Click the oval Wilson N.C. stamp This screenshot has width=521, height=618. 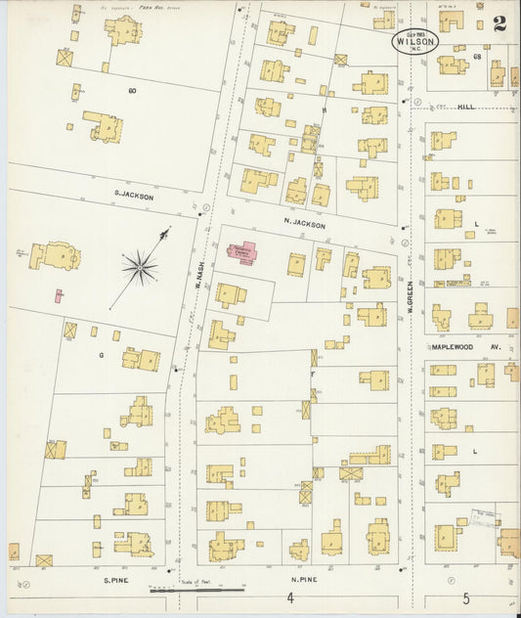pyautogui.click(x=416, y=41)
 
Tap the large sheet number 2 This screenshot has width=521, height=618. pyautogui.click(x=499, y=25)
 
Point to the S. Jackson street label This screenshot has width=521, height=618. pyautogui.click(x=134, y=196)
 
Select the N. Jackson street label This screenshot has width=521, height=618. pyautogui.click(x=304, y=224)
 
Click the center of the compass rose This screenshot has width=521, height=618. pyautogui.click(x=140, y=264)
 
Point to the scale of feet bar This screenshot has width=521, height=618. pyautogui.click(x=195, y=590)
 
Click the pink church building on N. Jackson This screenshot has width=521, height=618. pyautogui.click(x=243, y=252)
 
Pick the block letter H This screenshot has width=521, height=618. pyautogui.click(x=323, y=110)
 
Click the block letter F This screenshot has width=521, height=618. pyautogui.click(x=313, y=374)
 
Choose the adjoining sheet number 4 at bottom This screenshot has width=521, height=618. pyautogui.click(x=290, y=598)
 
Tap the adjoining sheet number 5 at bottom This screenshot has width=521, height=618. pyautogui.click(x=466, y=598)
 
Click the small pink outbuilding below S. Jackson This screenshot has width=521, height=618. pyautogui.click(x=61, y=294)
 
